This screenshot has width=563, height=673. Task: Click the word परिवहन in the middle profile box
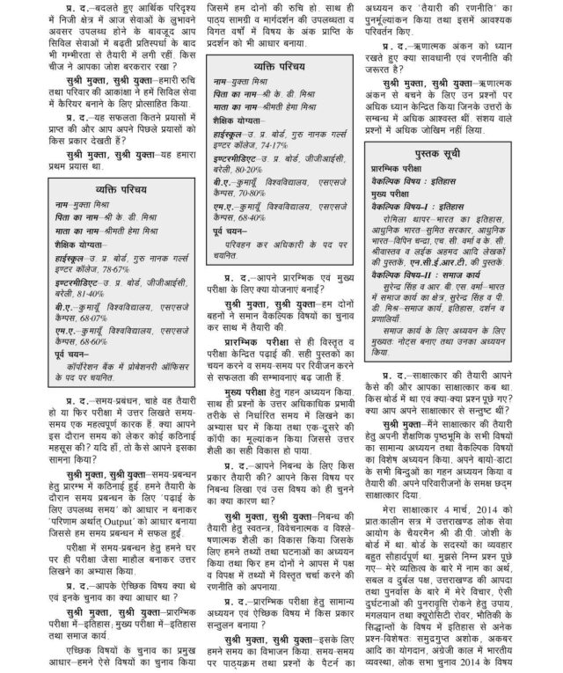click(243, 262)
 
